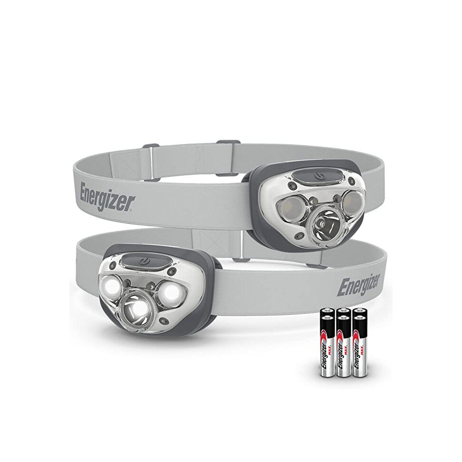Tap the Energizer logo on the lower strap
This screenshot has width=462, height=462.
click(x=358, y=285)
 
